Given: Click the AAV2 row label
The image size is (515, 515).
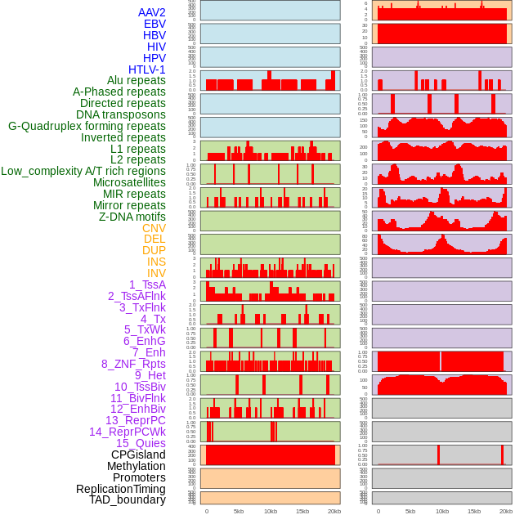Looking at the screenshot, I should point(152,12).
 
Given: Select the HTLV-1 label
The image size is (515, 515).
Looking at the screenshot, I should point(147,69).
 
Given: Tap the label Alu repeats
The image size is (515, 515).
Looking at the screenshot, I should point(137,80).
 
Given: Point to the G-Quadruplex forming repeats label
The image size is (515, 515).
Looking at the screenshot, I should point(87,126).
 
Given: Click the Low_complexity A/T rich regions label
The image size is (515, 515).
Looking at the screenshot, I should point(83,171).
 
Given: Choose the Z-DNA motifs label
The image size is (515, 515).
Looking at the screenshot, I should point(132,217).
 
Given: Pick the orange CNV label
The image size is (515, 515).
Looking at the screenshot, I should point(154,228).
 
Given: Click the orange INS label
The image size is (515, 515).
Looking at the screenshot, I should point(156,262).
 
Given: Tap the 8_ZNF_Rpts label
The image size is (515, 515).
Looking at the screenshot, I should point(133,364).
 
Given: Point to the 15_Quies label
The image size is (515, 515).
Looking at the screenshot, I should point(141,443).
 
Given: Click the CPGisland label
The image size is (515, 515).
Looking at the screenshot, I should point(138,455).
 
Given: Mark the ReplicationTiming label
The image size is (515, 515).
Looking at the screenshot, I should point(121,489).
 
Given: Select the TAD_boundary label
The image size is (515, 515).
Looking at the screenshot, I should point(128,499).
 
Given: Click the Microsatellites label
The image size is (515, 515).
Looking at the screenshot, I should point(129,182).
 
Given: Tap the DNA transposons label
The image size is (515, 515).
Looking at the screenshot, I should point(121,114).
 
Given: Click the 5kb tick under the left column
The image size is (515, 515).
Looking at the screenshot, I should point(239,511).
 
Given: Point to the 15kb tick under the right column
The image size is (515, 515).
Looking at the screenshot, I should point(474,511).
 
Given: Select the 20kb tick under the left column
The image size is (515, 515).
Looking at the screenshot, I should point(334,511).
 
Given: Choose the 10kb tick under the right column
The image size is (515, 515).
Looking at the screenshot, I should point(442,511).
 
